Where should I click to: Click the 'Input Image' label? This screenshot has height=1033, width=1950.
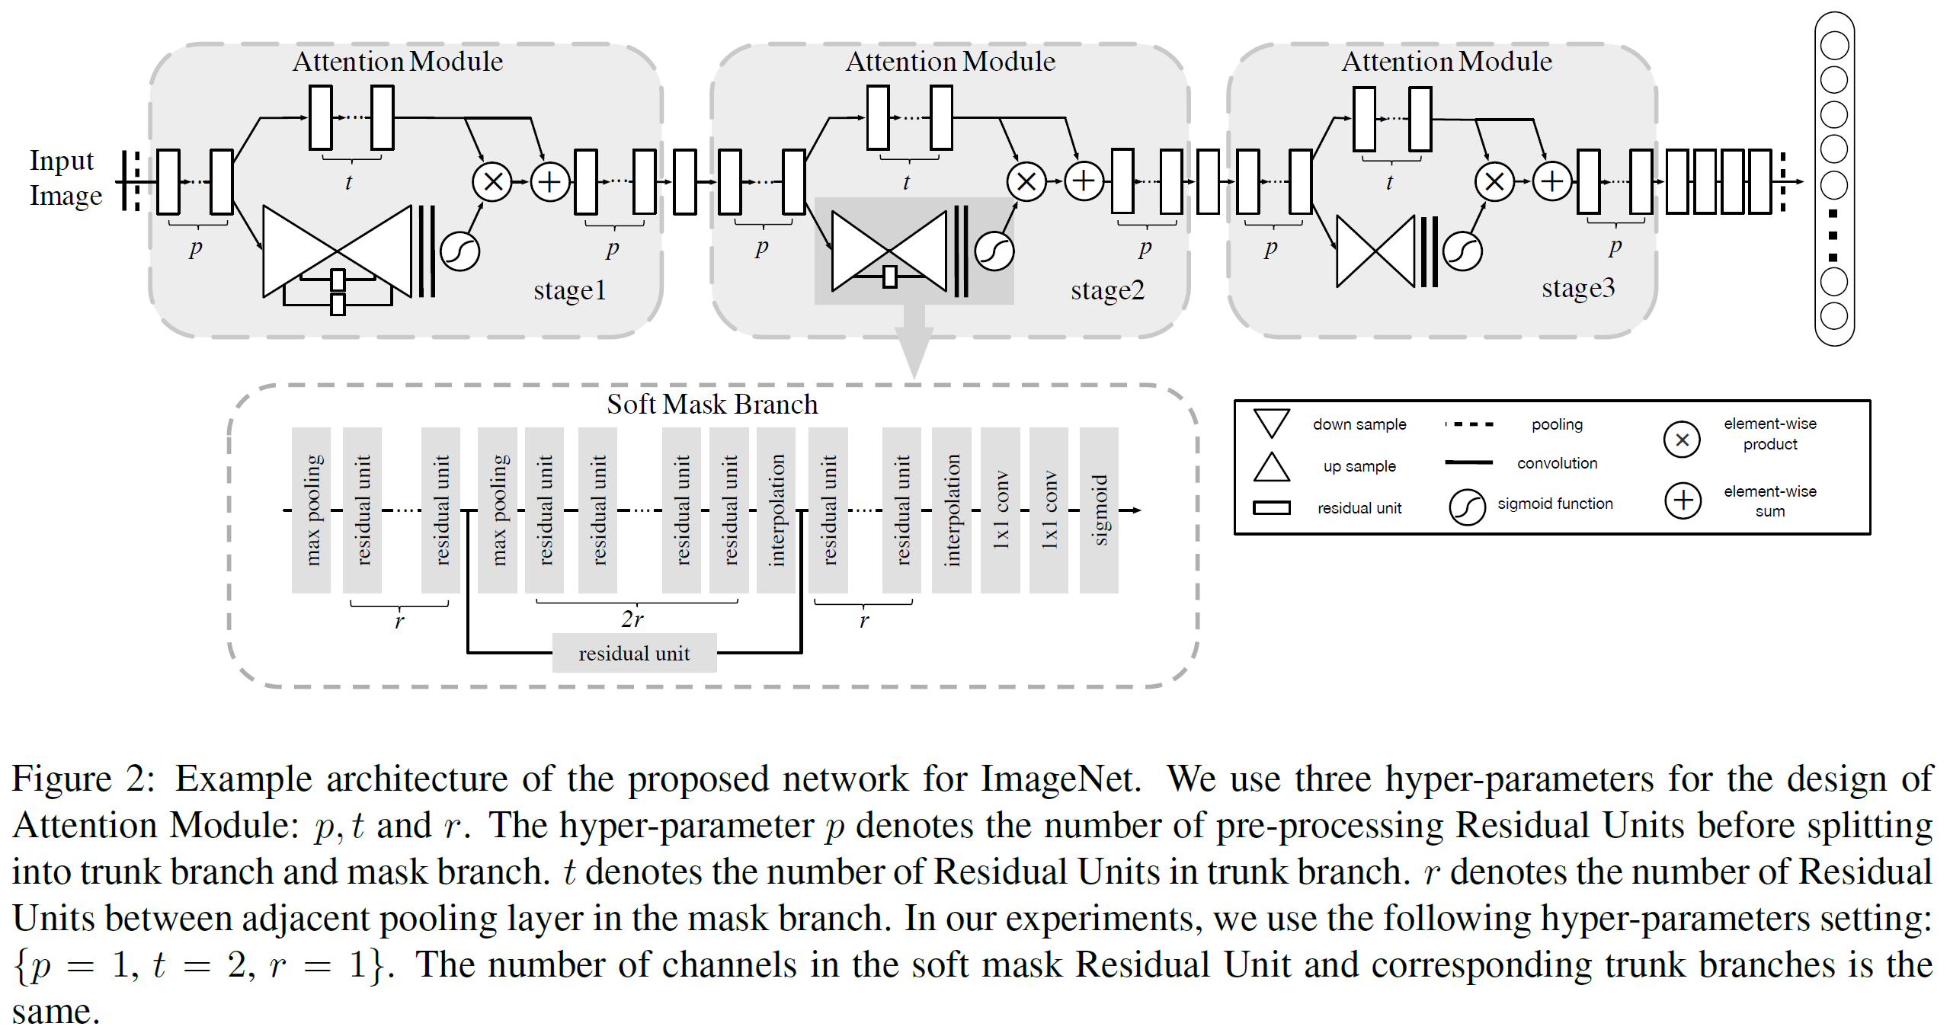click(x=66, y=178)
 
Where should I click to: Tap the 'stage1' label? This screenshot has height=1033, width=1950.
click(x=569, y=290)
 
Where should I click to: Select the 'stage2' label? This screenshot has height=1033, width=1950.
click(x=1107, y=290)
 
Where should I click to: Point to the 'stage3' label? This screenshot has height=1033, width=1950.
click(x=1578, y=288)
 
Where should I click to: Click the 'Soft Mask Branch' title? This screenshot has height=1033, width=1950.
click(x=712, y=404)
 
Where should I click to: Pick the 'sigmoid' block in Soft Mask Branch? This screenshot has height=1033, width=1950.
click(x=1099, y=510)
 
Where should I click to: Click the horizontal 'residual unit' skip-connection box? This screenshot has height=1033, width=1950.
click(x=634, y=653)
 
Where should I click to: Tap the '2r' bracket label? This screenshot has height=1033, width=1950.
click(x=632, y=619)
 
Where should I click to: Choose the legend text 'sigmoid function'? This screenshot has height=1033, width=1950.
click(x=1555, y=504)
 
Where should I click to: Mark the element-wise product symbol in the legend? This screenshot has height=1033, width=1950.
click(x=1682, y=440)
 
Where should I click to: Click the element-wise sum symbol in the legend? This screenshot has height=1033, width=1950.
click(x=1683, y=501)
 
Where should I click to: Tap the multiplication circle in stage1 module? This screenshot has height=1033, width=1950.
click(x=492, y=182)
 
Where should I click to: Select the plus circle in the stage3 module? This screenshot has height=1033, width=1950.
click(x=1551, y=181)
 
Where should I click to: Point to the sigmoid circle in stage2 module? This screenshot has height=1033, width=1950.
click(x=994, y=251)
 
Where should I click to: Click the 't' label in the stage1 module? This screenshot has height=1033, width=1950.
click(x=349, y=182)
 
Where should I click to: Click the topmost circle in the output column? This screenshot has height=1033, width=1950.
click(x=1834, y=45)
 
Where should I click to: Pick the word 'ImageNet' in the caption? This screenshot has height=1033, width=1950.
click(x=1061, y=779)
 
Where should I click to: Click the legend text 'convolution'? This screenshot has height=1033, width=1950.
click(x=1557, y=463)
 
